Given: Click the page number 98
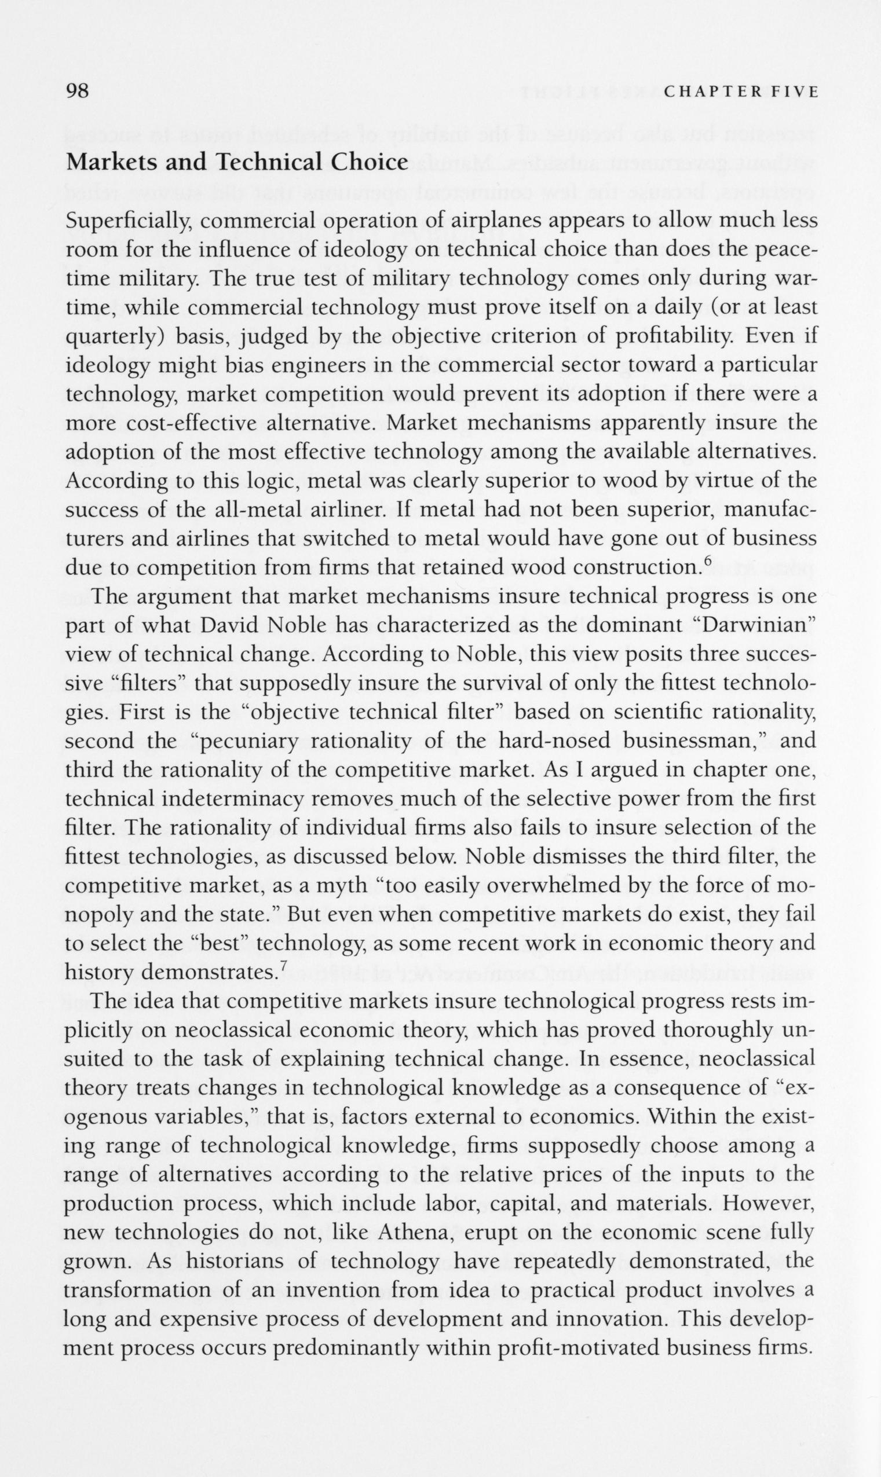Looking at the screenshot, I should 77,91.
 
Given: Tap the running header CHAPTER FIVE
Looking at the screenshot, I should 741,92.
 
